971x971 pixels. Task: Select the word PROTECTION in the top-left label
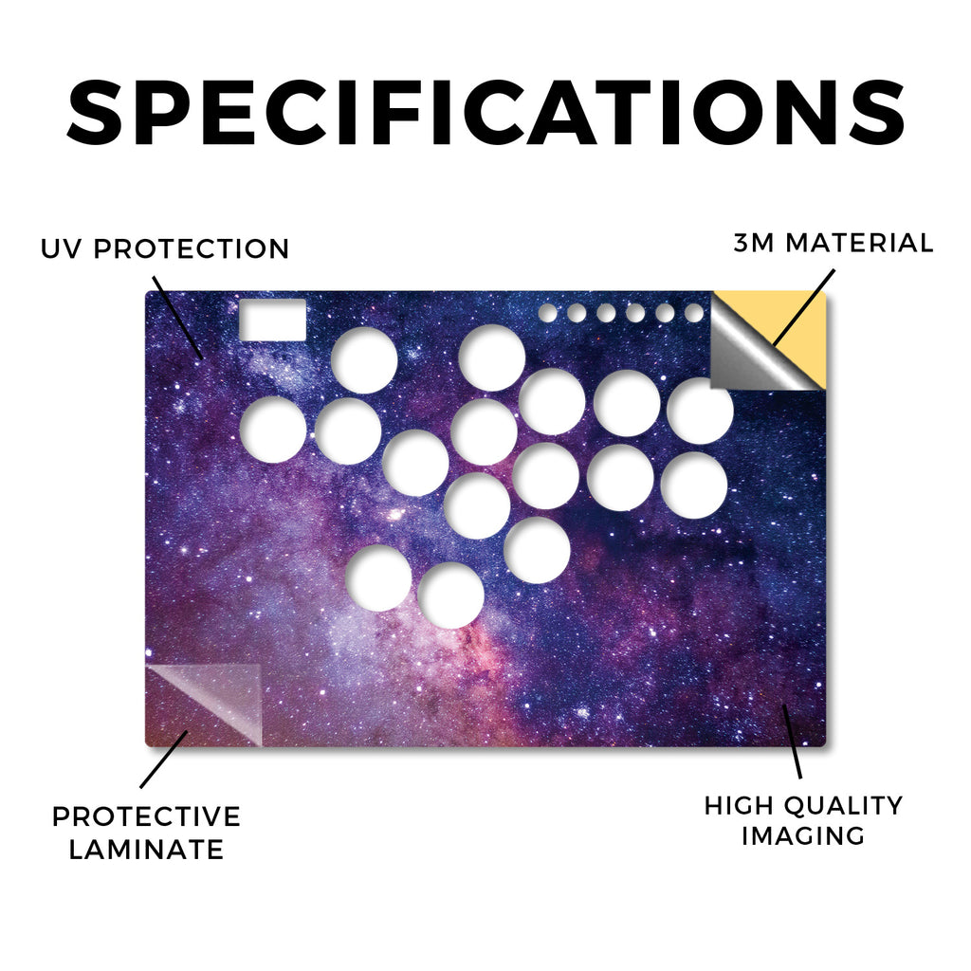[192, 249]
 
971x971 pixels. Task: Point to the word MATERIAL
[859, 243]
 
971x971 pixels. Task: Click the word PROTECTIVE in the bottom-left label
[146, 816]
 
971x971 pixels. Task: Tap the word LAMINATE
[146, 849]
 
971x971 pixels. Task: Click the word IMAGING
[803, 836]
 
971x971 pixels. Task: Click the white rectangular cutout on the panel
[272, 320]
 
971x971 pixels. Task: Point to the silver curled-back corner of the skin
[752, 350]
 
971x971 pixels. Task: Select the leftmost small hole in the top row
[547, 313]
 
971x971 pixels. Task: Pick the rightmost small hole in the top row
[694, 313]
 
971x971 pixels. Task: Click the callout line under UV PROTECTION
[177, 319]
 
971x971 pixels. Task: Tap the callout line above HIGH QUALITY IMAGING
[792, 742]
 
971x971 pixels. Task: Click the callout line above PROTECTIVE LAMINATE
[163, 760]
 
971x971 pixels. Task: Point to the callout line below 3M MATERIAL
[804, 308]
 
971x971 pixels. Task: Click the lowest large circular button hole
[450, 595]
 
